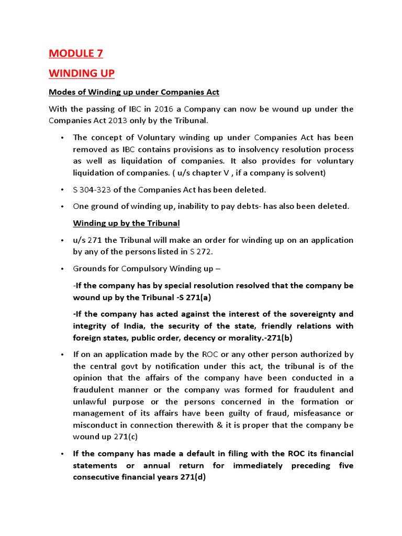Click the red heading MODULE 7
click(76, 53)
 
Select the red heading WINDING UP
click(81, 73)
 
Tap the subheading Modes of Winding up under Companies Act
click(134, 92)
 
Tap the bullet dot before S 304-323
click(62, 189)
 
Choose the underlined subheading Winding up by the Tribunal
click(126, 223)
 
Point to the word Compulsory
click(142, 269)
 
